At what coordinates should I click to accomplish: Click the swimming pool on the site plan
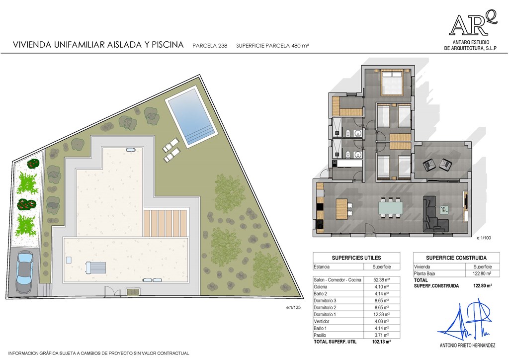click(191, 116)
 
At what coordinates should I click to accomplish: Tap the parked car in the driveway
click(24, 272)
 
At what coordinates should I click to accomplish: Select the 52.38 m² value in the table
click(381, 280)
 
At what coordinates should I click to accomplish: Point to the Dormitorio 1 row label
click(325, 315)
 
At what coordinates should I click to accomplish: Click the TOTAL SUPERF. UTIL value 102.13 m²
click(381, 342)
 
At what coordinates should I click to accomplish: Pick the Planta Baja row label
click(424, 273)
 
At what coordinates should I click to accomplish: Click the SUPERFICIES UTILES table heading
click(356, 258)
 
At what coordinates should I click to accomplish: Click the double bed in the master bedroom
click(392, 83)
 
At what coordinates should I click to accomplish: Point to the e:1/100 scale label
click(484, 238)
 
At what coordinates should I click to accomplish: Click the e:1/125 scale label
click(293, 307)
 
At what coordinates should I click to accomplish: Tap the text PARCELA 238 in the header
click(210, 46)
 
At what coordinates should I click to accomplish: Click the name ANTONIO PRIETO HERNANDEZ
click(467, 346)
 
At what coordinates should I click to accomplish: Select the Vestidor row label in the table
click(322, 321)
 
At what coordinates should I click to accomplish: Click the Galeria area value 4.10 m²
click(381, 287)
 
